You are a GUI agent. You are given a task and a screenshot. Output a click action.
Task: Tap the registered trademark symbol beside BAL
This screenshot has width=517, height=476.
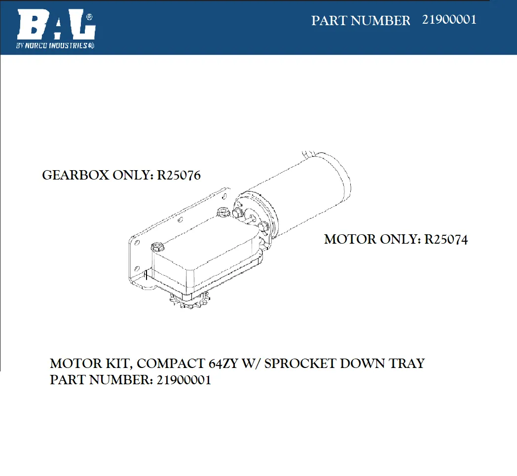click(89, 17)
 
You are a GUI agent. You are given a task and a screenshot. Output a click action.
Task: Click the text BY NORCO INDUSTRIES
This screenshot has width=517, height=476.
click(55, 45)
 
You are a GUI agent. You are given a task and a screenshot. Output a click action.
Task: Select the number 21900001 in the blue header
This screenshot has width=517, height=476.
click(449, 20)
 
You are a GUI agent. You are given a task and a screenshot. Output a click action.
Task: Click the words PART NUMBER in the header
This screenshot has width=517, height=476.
click(361, 21)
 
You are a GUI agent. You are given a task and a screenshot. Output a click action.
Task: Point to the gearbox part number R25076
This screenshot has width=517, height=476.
click(179, 176)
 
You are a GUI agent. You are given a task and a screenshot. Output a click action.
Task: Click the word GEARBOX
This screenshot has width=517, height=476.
click(75, 176)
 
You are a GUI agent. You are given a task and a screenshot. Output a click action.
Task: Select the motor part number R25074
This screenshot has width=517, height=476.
click(446, 240)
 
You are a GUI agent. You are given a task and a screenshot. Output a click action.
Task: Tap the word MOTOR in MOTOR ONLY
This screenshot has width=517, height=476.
click(350, 240)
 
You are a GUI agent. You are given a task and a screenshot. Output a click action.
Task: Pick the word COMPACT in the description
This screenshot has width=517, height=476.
click(171, 364)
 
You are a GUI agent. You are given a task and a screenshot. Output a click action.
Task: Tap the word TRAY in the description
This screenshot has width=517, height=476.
click(407, 364)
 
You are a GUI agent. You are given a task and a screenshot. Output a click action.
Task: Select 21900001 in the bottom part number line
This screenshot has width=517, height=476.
click(184, 380)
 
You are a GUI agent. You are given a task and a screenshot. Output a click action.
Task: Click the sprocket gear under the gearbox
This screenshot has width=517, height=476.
click(189, 300)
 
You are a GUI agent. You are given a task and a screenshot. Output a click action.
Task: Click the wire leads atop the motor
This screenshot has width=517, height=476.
click(309, 154)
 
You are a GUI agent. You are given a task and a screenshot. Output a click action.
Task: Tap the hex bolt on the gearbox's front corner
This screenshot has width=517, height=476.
click(157, 247)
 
